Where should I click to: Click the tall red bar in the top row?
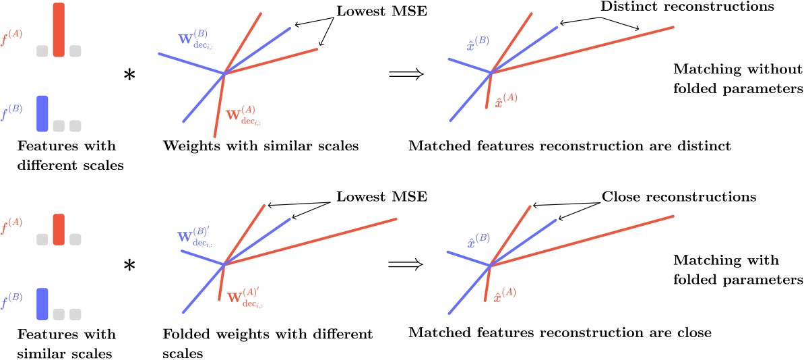tap(59, 30)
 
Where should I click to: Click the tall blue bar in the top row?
tap(42, 113)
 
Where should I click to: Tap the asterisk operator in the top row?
tap(129, 76)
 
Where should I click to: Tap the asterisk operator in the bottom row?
tap(129, 267)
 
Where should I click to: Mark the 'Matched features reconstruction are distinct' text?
tap(570, 146)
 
